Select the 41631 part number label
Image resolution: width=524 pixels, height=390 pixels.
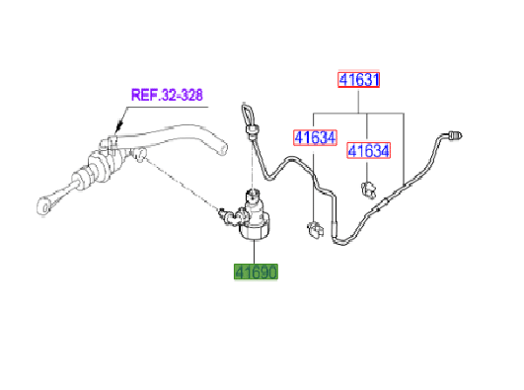tap(360, 80)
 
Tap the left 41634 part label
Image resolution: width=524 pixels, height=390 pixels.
tap(311, 138)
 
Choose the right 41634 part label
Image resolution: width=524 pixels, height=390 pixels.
tap(367, 150)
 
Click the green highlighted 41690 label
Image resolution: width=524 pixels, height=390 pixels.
tap(256, 272)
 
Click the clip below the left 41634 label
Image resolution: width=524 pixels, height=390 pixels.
tap(315, 229)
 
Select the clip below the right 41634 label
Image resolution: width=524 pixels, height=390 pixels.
tap(368, 187)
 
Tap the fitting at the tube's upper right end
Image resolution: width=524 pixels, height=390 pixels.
tap(456, 133)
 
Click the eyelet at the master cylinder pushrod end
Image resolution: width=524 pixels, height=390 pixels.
tap(43, 206)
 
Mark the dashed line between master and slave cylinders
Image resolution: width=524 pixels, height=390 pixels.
tap(183, 183)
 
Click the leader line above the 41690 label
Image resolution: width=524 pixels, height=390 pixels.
tap(256, 252)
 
